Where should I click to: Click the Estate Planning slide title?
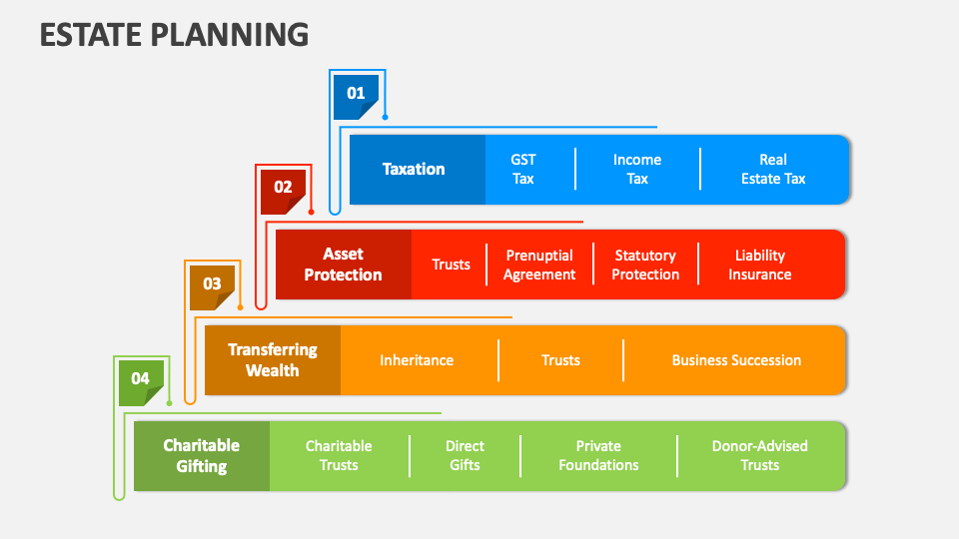(174, 33)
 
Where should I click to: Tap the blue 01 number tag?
(356, 94)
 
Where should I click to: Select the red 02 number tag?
(283, 189)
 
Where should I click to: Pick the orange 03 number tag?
(212, 284)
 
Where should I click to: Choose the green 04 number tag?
(141, 380)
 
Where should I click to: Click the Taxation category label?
(414, 170)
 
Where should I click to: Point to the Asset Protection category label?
(343, 265)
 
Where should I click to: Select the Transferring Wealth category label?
(272, 360)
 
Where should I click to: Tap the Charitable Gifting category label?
(201, 456)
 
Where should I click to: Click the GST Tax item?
(523, 170)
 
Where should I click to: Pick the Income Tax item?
(636, 170)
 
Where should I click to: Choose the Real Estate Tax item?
(772, 170)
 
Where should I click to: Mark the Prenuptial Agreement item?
(539, 265)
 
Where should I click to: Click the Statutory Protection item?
(645, 265)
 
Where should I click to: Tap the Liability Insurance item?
(759, 265)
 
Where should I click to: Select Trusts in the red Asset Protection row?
(451, 265)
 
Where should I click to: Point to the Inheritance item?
(417, 360)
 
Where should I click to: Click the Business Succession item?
(736, 360)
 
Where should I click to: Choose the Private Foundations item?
(598, 456)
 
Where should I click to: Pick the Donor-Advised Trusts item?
(759, 456)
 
